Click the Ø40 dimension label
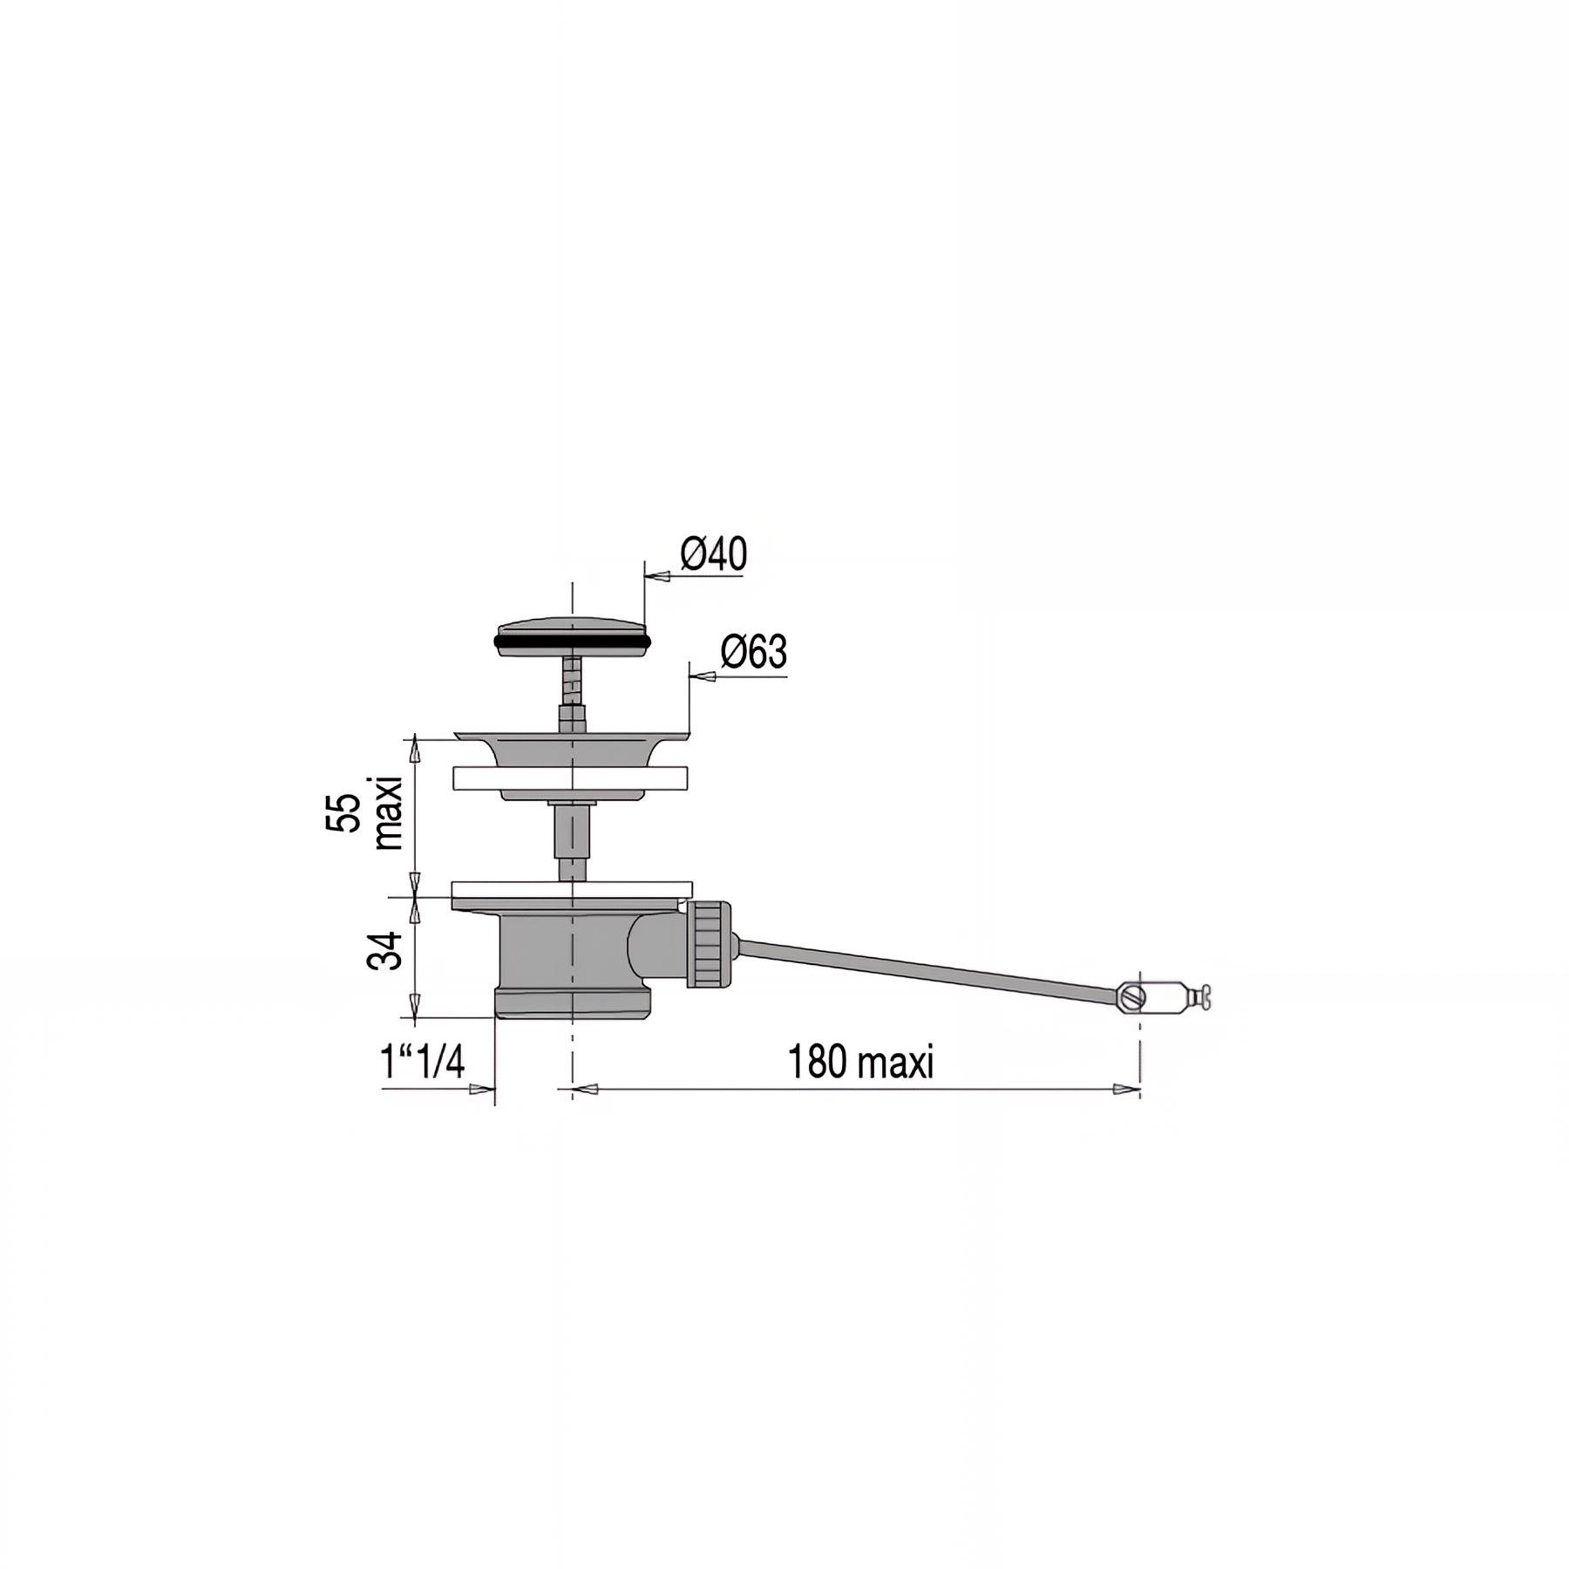pyautogui.click(x=713, y=554)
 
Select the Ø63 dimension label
pyautogui.click(x=754, y=653)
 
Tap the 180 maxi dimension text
pyautogui.click(x=860, y=1063)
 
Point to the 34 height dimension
pyautogui.click(x=384, y=949)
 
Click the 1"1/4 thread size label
pyautogui.click(x=423, y=1063)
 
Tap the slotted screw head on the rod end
pyautogui.click(x=1130, y=997)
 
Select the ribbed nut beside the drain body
pyautogui.click(x=708, y=946)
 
